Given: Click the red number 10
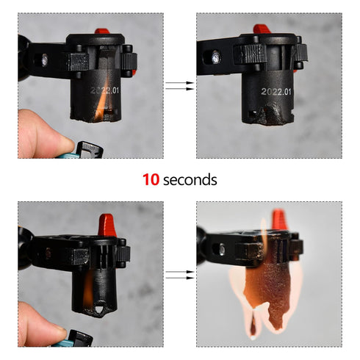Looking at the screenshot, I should pos(151,179).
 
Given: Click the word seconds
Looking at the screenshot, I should pos(190,179).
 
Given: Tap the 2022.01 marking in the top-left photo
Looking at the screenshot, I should pos(104,93).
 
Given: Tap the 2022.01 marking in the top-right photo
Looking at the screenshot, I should pos(276,93).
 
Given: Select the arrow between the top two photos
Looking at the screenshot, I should pos(179,87).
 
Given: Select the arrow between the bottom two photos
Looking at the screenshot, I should pos(179,276).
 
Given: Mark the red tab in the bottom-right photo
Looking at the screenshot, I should pos(278,218).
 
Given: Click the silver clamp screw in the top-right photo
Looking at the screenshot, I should pos(216,56).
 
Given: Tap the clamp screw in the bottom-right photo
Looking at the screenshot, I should pos(221,250).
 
